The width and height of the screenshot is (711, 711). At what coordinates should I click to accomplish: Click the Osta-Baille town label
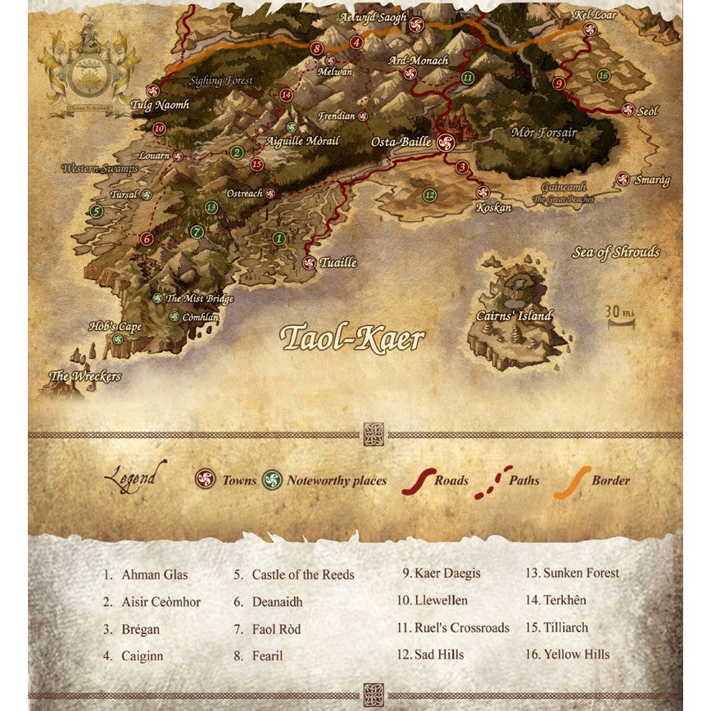coord(401,142)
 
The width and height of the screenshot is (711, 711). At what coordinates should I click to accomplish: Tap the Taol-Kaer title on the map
coord(352,337)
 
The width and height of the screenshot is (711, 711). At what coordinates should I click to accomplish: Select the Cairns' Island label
coord(514,316)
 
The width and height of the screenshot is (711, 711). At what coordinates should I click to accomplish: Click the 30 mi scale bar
coord(620,317)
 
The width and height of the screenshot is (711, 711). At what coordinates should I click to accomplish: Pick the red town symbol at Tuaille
coord(309,263)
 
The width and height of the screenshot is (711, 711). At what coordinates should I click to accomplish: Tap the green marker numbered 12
coord(429,195)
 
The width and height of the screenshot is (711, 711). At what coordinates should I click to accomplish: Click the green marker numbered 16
coord(604,75)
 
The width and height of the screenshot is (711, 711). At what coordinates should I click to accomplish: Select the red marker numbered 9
coord(559,84)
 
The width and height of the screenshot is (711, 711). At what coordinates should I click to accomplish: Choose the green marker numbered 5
coord(97,211)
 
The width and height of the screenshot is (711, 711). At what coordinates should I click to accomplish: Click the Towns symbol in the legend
coord(206,479)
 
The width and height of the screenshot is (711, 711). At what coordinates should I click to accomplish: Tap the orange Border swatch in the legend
coord(572,482)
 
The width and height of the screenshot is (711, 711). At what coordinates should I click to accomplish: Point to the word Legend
coord(135,477)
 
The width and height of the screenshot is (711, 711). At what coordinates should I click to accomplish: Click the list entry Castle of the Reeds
coord(302,575)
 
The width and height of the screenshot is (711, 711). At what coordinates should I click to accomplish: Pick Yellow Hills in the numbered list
coord(576,654)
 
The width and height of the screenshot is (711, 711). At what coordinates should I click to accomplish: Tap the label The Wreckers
coord(85,377)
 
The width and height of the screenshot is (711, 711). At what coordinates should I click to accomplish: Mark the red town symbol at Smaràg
coord(623,179)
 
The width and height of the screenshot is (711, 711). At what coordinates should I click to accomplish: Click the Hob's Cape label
coord(115,327)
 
